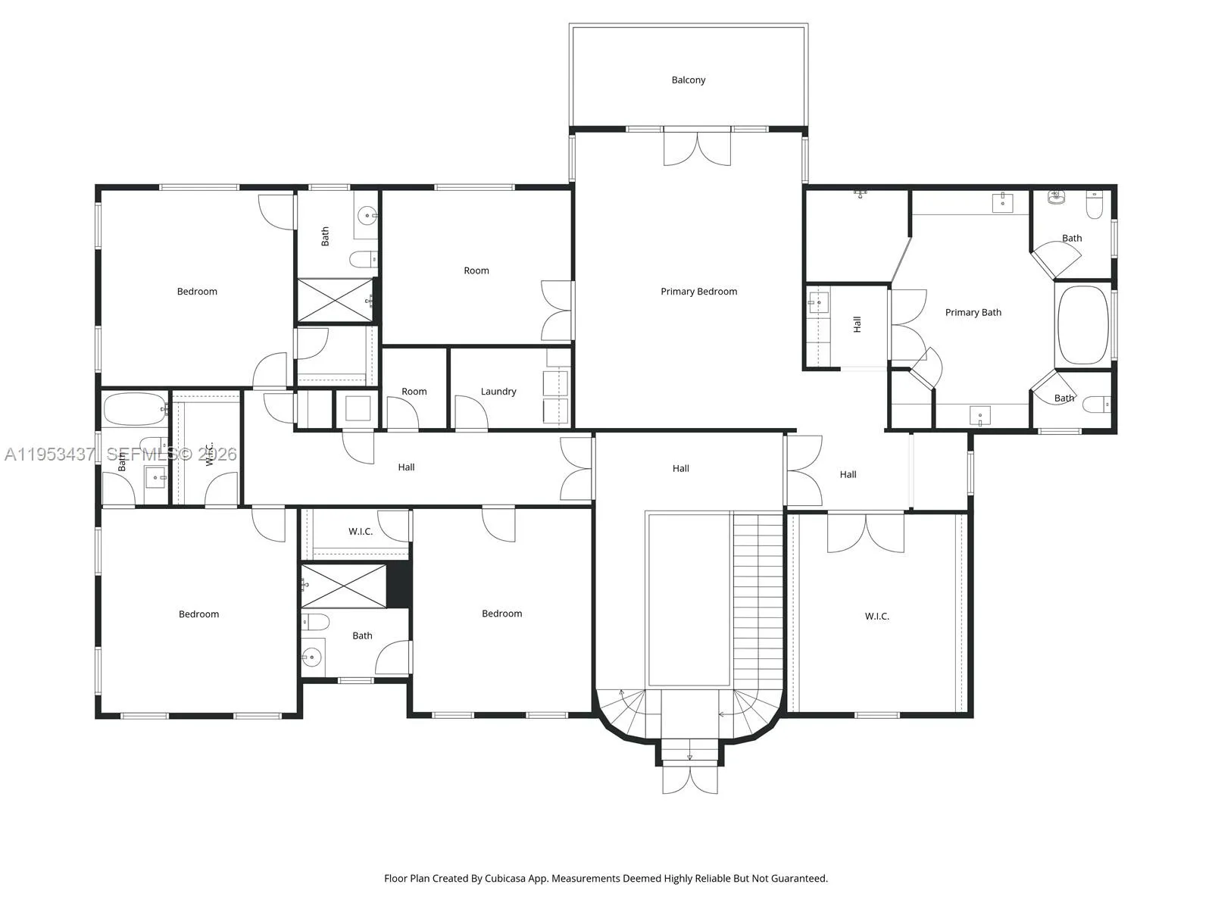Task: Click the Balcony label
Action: [x=688, y=80]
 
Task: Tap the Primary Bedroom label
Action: [x=698, y=292]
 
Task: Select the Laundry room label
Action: [x=498, y=392]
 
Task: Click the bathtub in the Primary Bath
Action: [x=1082, y=325]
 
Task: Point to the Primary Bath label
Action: [x=973, y=312]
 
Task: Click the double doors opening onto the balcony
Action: [x=697, y=148]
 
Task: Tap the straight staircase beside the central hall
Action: [x=757, y=598]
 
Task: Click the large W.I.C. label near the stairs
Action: [x=876, y=617]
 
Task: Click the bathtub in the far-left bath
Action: [x=136, y=409]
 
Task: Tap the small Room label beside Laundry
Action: [x=414, y=392]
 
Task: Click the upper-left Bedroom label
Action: [x=197, y=292]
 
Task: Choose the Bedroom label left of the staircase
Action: [x=501, y=614]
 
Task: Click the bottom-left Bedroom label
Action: [x=198, y=614]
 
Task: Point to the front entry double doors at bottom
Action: [x=689, y=780]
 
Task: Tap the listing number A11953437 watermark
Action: [x=50, y=454]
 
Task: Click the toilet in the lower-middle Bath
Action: [x=317, y=623]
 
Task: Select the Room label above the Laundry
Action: [x=476, y=270]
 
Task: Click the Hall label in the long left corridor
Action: [x=406, y=467]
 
